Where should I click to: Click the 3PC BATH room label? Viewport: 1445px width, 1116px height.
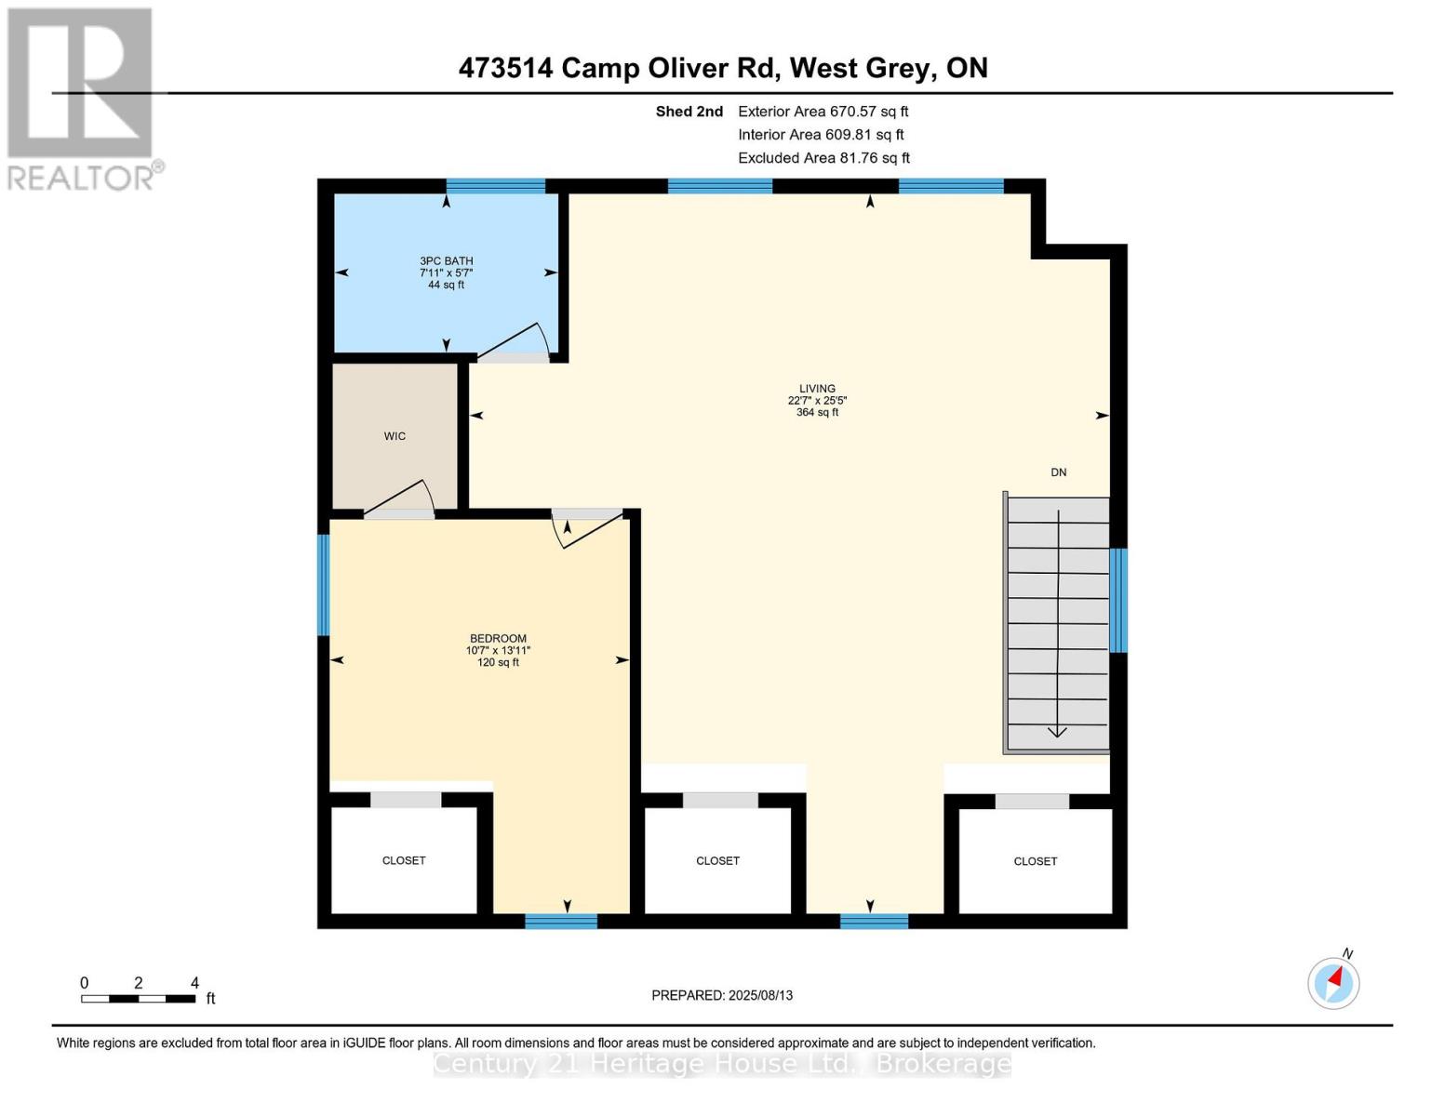[446, 261]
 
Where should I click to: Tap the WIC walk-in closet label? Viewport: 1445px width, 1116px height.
[395, 436]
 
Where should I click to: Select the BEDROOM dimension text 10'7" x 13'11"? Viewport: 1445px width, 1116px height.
[498, 651]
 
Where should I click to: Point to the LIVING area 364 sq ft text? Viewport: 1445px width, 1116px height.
[817, 413]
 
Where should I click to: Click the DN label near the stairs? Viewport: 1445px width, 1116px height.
[1058, 472]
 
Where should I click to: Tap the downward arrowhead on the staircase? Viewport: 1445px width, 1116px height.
[1057, 731]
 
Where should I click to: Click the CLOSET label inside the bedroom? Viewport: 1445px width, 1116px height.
[404, 861]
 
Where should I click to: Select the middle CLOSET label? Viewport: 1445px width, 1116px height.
[717, 861]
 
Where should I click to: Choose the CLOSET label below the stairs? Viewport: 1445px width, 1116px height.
[1035, 862]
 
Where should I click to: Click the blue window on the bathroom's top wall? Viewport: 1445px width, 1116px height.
[495, 186]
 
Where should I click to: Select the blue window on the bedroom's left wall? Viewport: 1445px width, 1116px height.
[324, 584]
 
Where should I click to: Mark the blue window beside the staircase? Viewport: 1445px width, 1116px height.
[1118, 600]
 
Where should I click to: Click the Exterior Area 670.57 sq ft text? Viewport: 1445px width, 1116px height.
[823, 112]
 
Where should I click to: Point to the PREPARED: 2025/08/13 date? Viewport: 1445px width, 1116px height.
[722, 995]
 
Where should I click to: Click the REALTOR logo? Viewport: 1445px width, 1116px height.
[81, 99]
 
